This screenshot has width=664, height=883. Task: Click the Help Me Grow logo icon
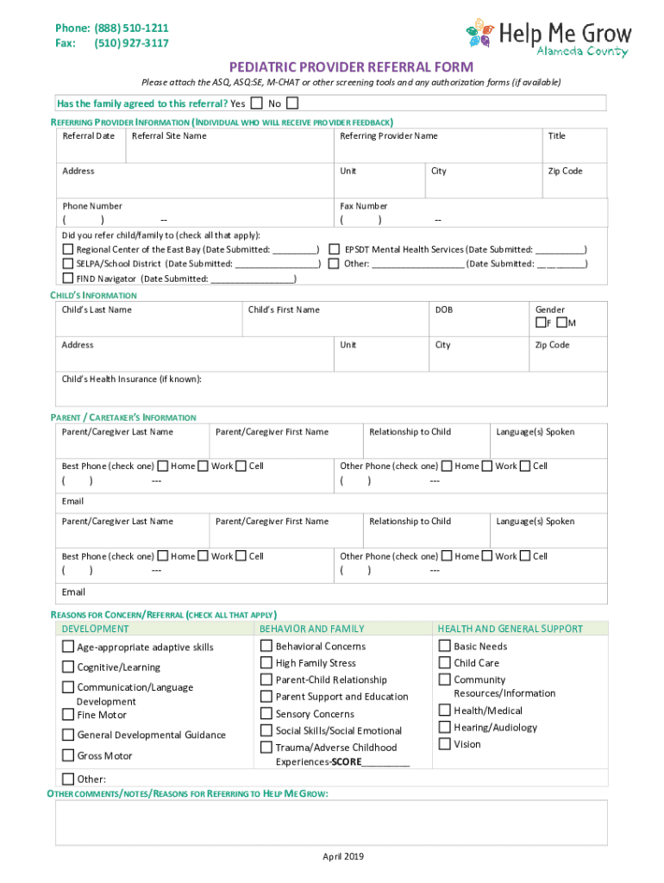click(481, 33)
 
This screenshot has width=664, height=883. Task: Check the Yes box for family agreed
click(257, 103)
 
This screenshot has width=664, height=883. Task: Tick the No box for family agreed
click(292, 103)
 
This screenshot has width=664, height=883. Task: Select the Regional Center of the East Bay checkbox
click(68, 249)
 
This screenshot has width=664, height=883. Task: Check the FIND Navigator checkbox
click(68, 279)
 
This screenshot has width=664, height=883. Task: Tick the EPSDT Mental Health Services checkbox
click(335, 249)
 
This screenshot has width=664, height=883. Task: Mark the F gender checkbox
click(541, 323)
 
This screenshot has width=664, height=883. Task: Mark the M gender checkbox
click(562, 323)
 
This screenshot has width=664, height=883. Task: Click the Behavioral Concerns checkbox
click(266, 646)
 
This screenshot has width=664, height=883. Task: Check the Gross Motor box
click(68, 755)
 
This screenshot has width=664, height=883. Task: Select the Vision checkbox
click(445, 743)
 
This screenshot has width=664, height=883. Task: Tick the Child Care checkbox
click(445, 662)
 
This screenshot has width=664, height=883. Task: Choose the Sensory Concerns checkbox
click(266, 713)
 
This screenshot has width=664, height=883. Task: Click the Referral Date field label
click(88, 136)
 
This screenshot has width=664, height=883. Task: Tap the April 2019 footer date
click(343, 856)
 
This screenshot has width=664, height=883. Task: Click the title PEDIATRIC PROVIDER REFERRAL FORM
click(351, 66)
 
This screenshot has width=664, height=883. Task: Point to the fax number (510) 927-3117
click(131, 43)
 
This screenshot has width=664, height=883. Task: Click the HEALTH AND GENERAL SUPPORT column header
click(510, 629)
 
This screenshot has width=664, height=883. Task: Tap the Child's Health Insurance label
click(132, 379)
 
